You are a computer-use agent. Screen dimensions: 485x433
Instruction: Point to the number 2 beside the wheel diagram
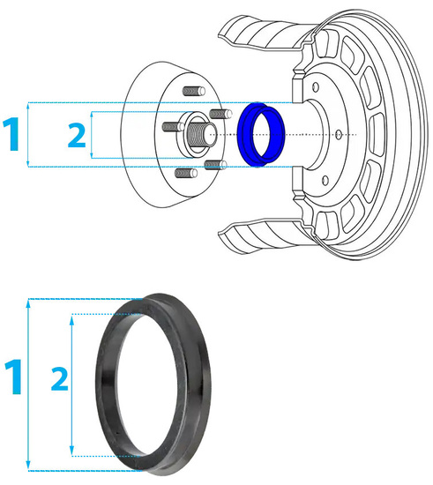[x=78, y=135]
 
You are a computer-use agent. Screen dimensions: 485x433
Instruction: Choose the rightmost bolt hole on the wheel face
[x=340, y=133]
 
